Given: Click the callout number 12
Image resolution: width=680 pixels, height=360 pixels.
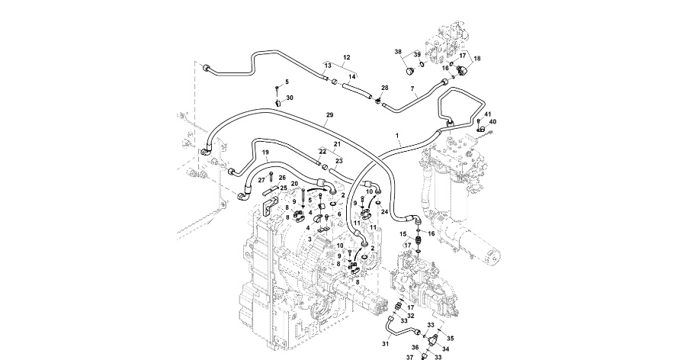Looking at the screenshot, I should (x=346, y=57).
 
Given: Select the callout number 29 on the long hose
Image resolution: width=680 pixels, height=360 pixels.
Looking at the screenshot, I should (x=329, y=115).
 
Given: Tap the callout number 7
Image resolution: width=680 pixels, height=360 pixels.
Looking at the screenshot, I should (x=412, y=89).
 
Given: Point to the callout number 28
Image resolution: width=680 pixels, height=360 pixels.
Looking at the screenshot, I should (x=385, y=88).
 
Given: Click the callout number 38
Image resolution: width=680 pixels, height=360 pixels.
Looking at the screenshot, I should (x=398, y=52).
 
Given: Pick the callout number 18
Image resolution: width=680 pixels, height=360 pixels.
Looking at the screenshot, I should (x=477, y=59).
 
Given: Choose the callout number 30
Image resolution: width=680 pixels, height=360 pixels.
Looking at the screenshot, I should (x=290, y=98).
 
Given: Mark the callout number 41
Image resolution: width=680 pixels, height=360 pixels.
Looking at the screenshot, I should (x=487, y=114).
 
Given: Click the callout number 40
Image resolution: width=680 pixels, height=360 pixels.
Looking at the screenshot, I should (x=492, y=122).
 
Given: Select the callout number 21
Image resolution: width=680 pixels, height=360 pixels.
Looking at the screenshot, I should (x=336, y=143).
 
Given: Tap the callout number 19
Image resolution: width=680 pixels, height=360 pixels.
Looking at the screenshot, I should (x=266, y=153).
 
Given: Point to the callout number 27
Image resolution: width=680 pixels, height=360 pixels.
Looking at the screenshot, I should (x=261, y=179).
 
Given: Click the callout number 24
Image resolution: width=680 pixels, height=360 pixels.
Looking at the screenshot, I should (x=385, y=211).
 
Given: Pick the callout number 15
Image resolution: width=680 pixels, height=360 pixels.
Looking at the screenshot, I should (x=405, y=234).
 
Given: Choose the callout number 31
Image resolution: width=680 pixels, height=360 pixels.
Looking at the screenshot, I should (x=385, y=343).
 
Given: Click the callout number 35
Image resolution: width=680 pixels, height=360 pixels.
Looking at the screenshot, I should (x=450, y=338).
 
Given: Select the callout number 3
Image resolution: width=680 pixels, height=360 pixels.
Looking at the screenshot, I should (x=310, y=239).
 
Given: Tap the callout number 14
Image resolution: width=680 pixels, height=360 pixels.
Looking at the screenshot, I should (x=352, y=77).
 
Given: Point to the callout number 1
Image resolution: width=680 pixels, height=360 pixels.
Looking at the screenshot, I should (x=398, y=134).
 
